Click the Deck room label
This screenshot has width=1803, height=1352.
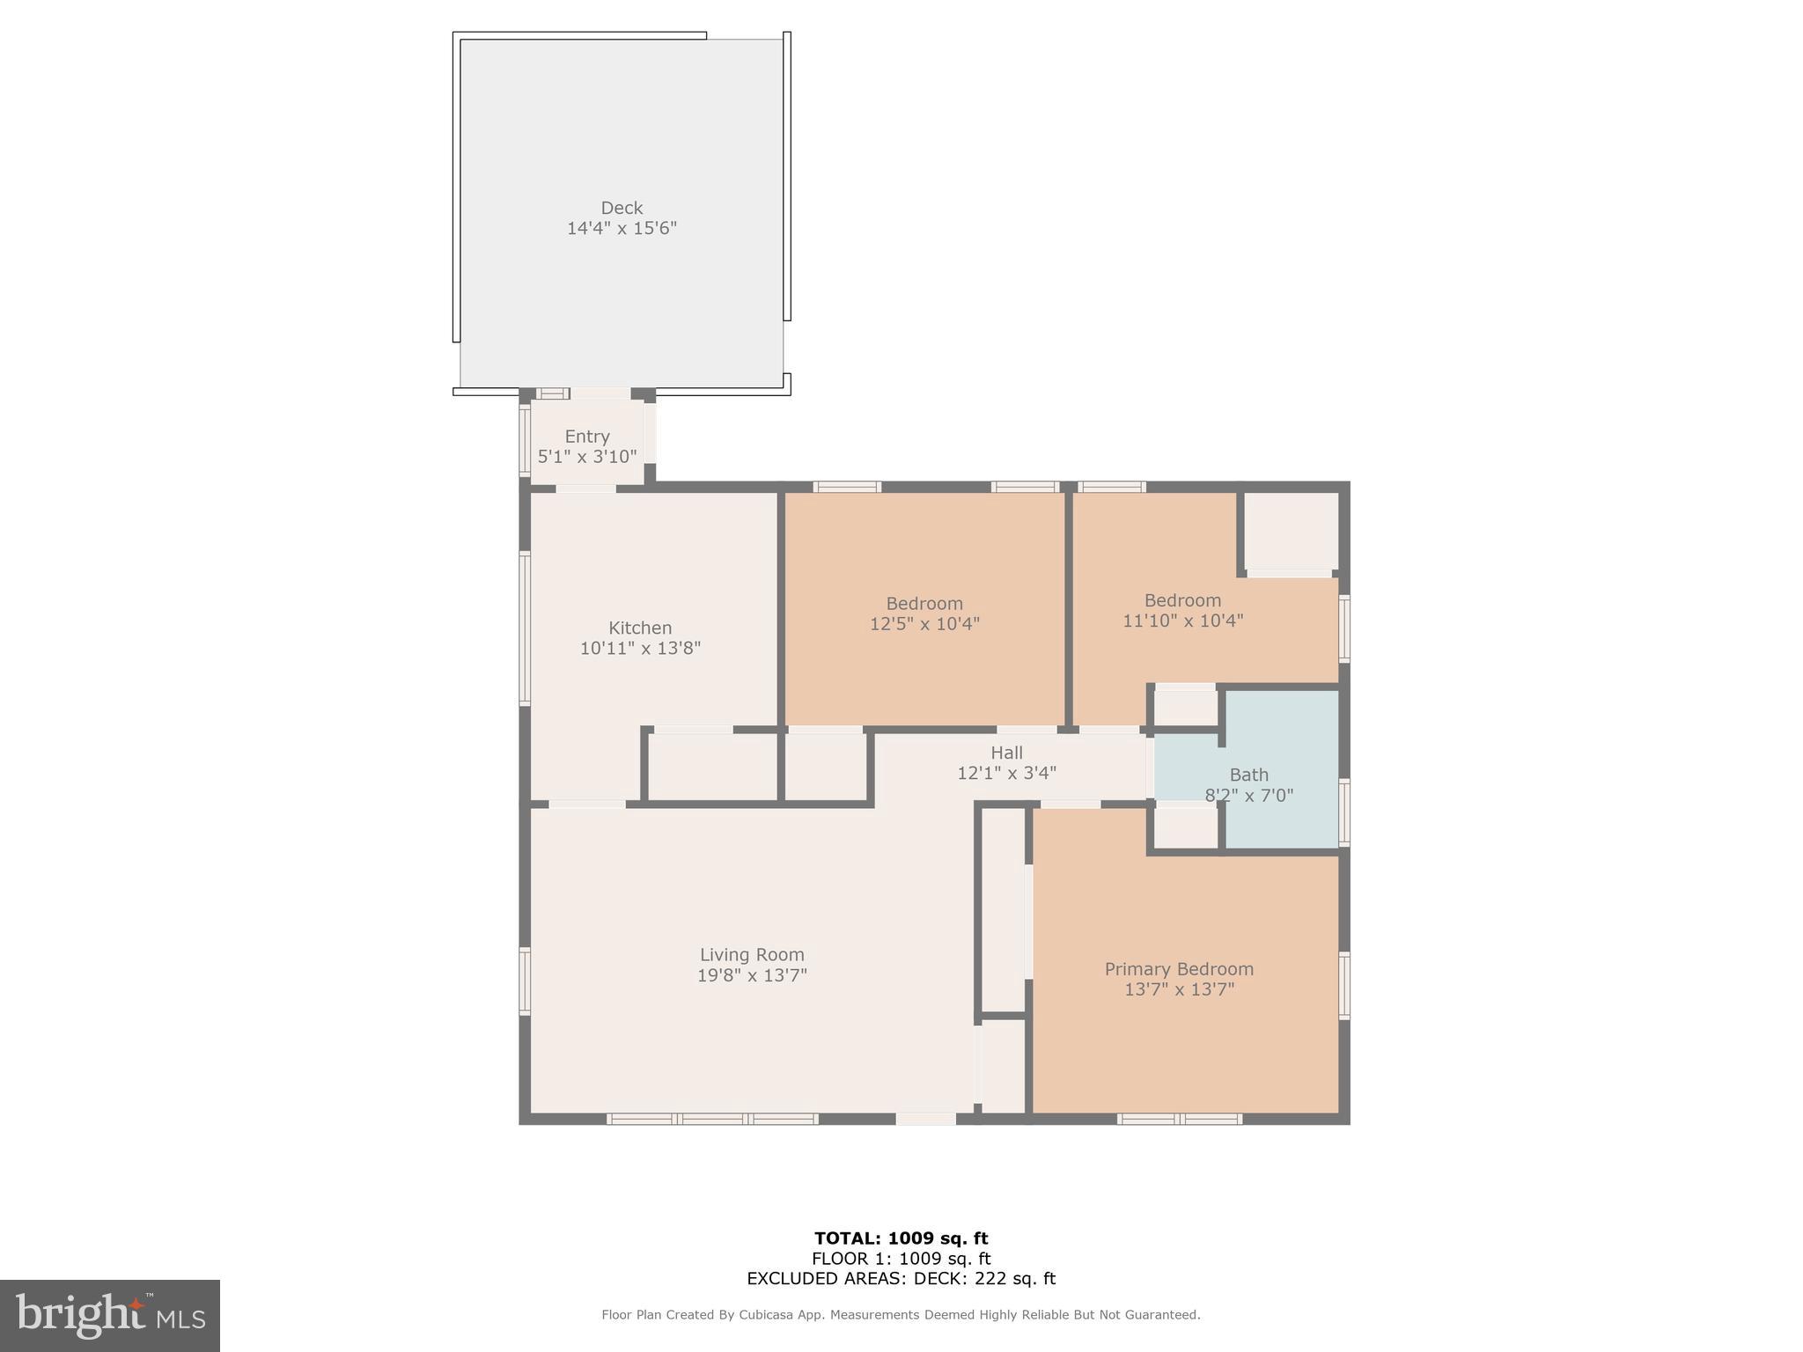[622, 208]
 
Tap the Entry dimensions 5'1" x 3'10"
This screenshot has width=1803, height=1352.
[587, 457]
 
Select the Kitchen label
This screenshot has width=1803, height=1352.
[640, 628]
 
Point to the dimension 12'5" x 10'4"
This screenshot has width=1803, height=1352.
[924, 624]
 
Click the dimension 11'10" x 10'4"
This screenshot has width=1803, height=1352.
[1182, 621]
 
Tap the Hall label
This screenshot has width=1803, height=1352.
[1006, 753]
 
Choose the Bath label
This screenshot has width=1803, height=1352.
[1248, 775]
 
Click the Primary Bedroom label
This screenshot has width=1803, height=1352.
[1179, 969]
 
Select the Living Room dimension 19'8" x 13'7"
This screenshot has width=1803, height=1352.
[752, 975]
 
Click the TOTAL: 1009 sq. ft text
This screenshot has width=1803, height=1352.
[901, 1238]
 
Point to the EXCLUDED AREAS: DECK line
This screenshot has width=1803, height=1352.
[901, 1279]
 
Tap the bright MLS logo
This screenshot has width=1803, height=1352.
[110, 1315]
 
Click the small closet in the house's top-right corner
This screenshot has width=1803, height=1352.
[1291, 531]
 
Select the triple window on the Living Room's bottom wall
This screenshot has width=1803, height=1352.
[712, 1119]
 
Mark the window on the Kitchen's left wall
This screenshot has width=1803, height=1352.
[525, 628]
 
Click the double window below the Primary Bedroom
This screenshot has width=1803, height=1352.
[1180, 1119]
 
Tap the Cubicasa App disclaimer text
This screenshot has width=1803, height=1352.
[901, 1315]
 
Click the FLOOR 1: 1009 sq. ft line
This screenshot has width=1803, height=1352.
[901, 1259]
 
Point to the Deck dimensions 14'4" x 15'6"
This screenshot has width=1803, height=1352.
[622, 229]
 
